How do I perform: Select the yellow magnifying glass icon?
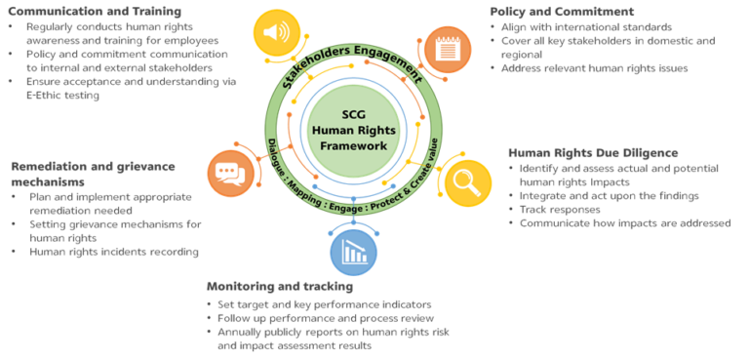[x=467, y=181]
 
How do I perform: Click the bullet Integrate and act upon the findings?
[x=611, y=196]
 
